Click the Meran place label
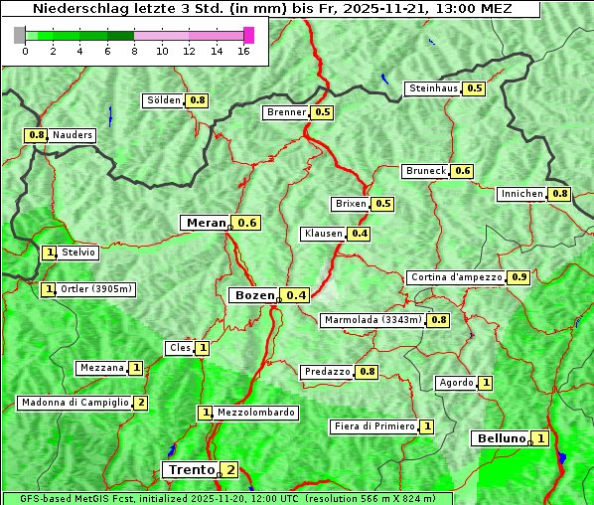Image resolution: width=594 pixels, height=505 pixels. [x=206, y=223]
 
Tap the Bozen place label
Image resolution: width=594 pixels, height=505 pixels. [x=252, y=295]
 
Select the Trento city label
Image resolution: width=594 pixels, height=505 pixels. [x=190, y=469]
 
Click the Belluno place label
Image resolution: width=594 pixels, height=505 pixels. [x=500, y=438]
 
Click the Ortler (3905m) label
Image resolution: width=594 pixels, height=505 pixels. [x=96, y=289]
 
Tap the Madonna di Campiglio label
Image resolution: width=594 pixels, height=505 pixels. [x=74, y=403]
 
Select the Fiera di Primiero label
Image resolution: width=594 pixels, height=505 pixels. [x=373, y=426]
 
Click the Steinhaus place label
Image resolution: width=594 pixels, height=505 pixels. [x=434, y=88]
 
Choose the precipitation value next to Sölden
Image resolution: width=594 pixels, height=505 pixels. [x=198, y=100]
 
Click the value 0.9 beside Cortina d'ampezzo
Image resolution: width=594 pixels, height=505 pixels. [x=519, y=277]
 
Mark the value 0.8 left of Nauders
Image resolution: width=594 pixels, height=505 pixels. [x=37, y=135]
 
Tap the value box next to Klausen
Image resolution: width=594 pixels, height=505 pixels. [x=360, y=234]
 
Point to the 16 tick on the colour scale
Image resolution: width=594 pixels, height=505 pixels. [x=242, y=51]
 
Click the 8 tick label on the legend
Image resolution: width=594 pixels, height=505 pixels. [x=133, y=51]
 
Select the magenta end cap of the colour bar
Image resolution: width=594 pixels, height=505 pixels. [x=248, y=35]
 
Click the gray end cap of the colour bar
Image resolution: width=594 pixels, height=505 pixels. [x=19, y=35]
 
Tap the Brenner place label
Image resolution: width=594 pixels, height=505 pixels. [x=286, y=112]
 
